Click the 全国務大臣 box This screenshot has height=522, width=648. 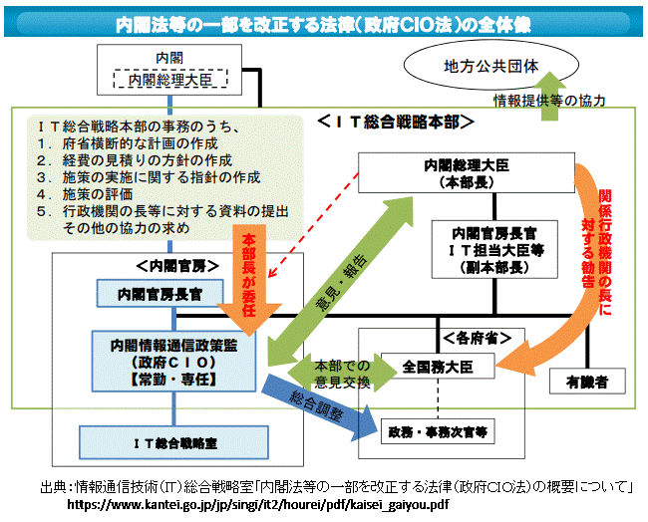point(438,367)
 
